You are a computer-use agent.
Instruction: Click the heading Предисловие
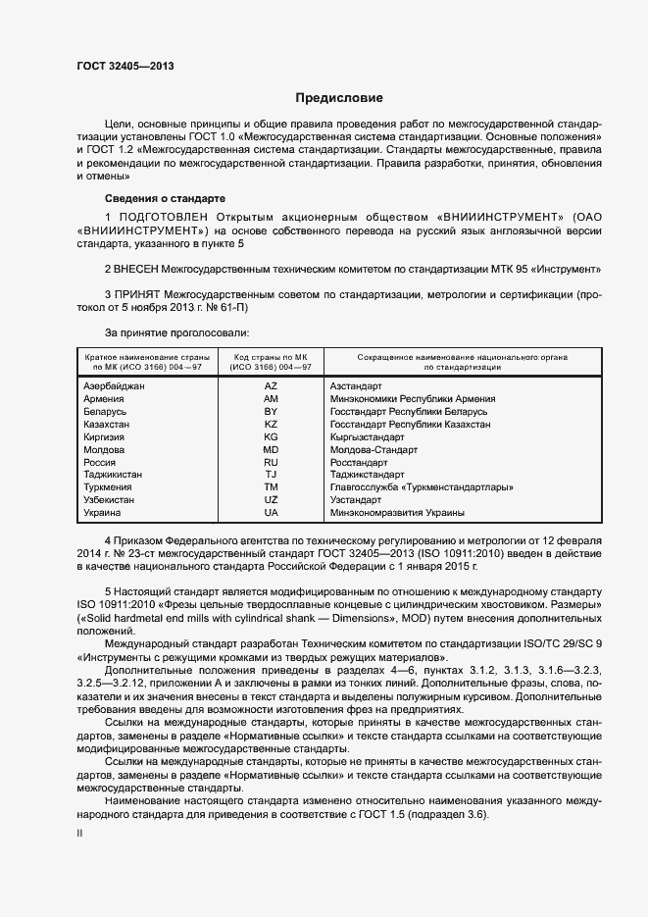coord(340,98)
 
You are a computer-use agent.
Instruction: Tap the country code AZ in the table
coord(271,386)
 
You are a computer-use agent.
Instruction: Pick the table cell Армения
coord(104,399)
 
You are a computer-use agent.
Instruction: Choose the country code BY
coord(271,412)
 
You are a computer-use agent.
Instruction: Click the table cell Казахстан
coord(107,425)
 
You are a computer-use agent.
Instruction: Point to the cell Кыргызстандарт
coord(367,436)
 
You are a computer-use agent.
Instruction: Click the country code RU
coord(271,462)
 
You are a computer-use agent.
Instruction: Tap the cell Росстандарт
coord(359,462)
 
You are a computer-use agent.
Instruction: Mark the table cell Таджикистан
coord(113,475)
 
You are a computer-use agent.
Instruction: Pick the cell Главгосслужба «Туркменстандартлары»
coord(423,487)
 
